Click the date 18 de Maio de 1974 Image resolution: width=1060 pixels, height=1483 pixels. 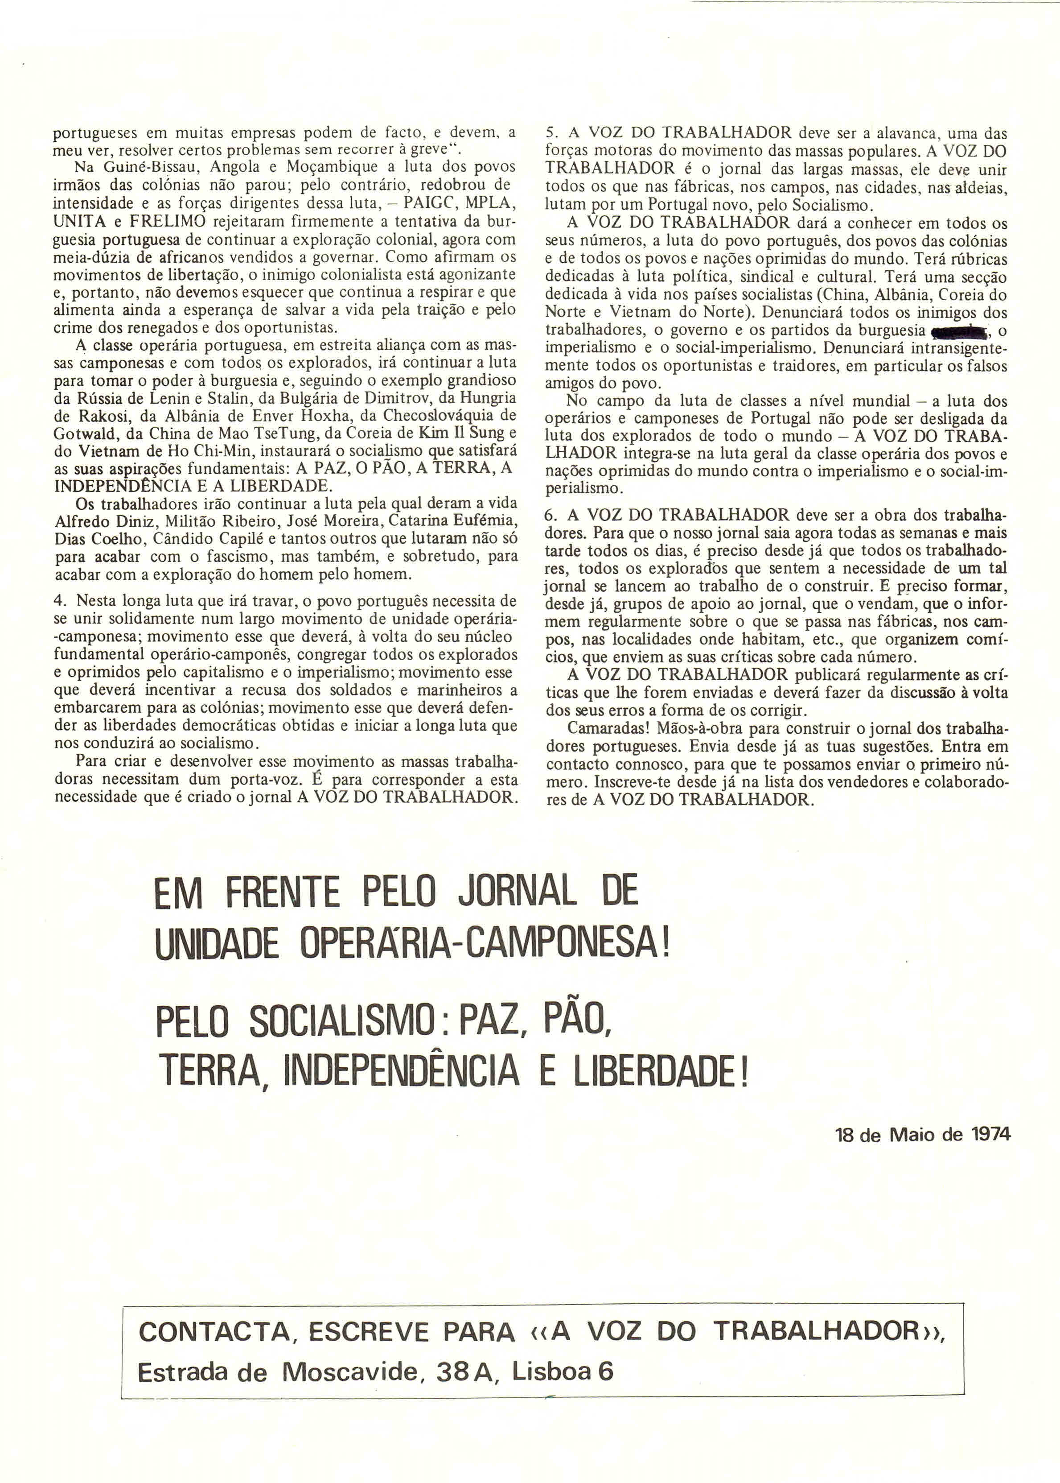point(922,1134)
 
